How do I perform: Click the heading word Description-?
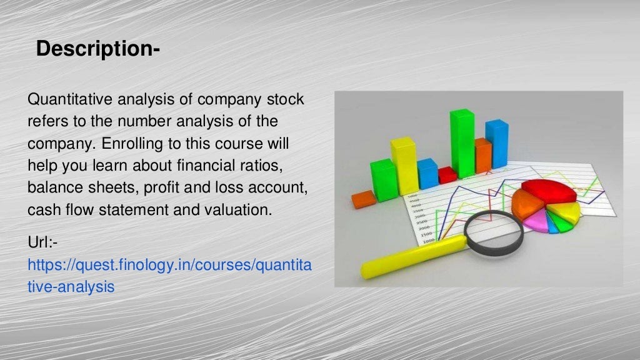(x=98, y=49)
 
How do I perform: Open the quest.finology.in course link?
(x=169, y=265)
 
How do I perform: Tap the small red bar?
(x=447, y=174)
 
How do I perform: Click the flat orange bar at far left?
(x=363, y=199)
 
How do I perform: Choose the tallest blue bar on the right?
(x=497, y=144)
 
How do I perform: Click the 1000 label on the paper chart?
(x=428, y=241)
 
